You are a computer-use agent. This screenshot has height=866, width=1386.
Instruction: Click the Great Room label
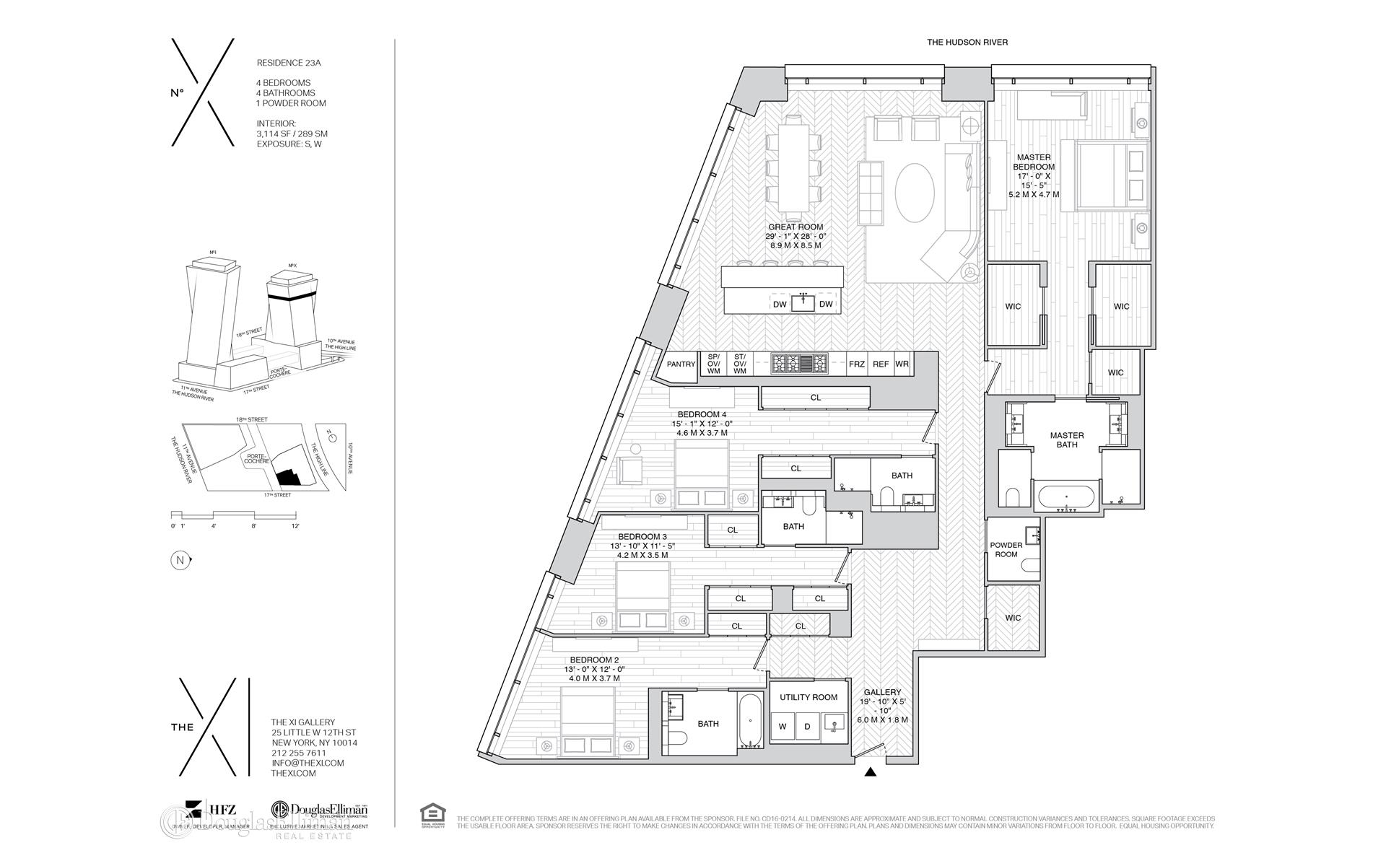pos(796,227)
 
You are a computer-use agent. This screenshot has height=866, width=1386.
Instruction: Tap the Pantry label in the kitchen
pos(681,364)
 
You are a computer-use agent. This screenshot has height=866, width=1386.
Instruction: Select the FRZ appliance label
pos(856,364)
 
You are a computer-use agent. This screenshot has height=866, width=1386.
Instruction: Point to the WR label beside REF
pos(902,364)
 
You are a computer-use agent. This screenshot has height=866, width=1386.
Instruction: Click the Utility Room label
pos(808,697)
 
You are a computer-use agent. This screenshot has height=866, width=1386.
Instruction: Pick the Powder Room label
pos(1006,550)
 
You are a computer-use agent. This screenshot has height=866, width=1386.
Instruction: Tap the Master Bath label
pos(1067,440)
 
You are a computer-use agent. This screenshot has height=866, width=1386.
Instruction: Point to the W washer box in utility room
pos(783,727)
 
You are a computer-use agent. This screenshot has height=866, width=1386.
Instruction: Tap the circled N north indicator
pos(178,560)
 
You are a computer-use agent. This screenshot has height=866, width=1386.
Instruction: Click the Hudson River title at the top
pos(967,43)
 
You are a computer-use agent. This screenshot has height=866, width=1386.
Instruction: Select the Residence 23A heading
pos(289,63)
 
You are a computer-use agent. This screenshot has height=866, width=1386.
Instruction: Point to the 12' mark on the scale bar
pos(295,527)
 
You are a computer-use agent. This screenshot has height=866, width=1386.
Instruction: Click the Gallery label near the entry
pos(881,692)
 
